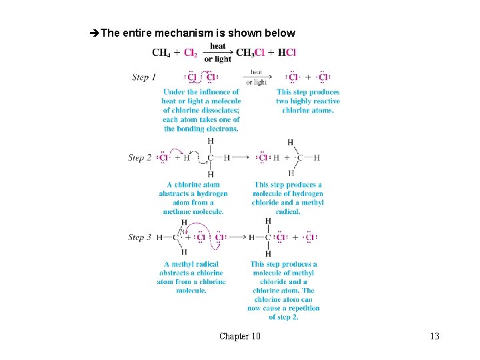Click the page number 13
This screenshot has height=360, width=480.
click(435, 336)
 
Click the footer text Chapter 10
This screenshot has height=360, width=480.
click(240, 336)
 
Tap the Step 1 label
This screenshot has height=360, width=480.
click(144, 77)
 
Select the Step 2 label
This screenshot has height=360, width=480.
click(140, 158)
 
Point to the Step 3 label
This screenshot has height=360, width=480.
click(140, 237)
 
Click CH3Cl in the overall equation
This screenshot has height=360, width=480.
click(251, 52)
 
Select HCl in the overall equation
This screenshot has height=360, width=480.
click(287, 52)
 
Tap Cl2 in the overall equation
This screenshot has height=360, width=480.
click(191, 52)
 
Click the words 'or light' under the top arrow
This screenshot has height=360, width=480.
click(218, 59)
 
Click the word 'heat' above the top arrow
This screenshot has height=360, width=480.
click(218, 46)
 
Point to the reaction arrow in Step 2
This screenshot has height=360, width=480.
click(241, 158)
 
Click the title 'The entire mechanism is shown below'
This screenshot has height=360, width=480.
click(198, 33)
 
